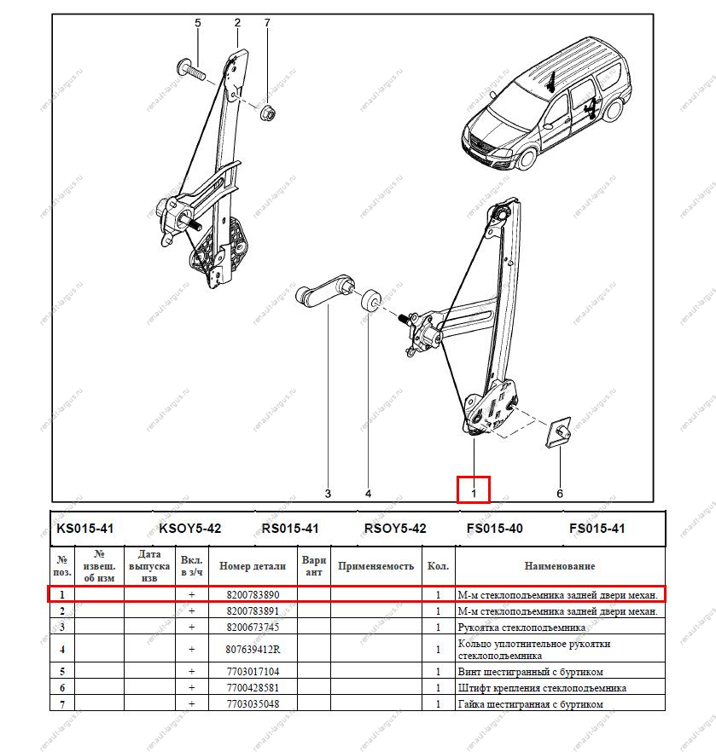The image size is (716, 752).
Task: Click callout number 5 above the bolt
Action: click(x=197, y=23)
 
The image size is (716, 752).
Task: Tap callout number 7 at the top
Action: click(x=266, y=23)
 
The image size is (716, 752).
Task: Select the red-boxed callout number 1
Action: click(x=474, y=490)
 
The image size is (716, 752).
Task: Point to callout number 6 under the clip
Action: click(x=560, y=493)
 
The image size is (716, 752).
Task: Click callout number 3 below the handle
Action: click(x=327, y=493)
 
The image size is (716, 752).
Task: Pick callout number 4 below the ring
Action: click(x=368, y=493)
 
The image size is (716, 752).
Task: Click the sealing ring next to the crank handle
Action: click(x=370, y=302)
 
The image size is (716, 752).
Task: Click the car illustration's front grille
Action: click(x=483, y=147)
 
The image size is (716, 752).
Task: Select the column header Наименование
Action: click(x=560, y=565)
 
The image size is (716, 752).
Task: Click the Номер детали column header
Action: click(x=252, y=565)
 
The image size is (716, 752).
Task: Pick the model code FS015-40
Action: click(x=494, y=529)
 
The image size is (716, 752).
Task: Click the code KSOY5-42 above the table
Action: click(x=189, y=529)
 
